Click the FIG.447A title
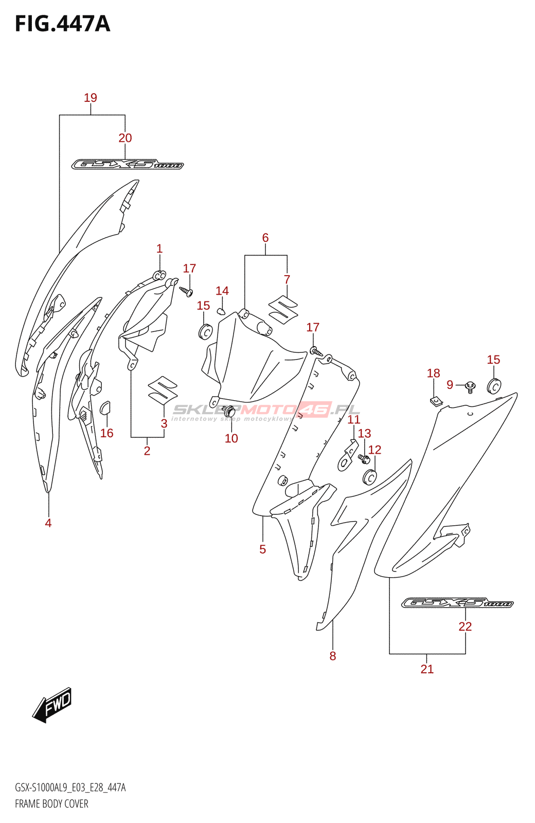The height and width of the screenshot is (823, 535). [62, 24]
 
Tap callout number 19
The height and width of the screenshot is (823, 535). [91, 98]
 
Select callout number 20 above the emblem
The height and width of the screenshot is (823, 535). [125, 138]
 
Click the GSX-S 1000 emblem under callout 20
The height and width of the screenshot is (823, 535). [127, 165]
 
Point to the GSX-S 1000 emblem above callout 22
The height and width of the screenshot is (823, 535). [457, 603]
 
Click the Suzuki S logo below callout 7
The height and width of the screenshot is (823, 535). [283, 310]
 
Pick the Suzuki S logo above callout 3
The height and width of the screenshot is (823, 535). [163, 389]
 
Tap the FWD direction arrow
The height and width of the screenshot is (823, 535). [52, 704]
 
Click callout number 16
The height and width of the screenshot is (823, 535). [106, 433]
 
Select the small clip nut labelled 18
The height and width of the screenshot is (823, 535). [436, 401]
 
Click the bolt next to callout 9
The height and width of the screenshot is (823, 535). [470, 386]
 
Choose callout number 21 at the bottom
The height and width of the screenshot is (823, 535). [427, 669]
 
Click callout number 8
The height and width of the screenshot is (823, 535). [333, 656]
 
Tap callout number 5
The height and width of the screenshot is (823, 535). [262, 549]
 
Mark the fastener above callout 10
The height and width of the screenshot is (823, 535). [230, 411]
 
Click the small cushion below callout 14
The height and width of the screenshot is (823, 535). [221, 311]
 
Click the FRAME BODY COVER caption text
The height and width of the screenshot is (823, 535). [51, 803]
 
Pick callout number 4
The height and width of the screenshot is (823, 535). [48, 523]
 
